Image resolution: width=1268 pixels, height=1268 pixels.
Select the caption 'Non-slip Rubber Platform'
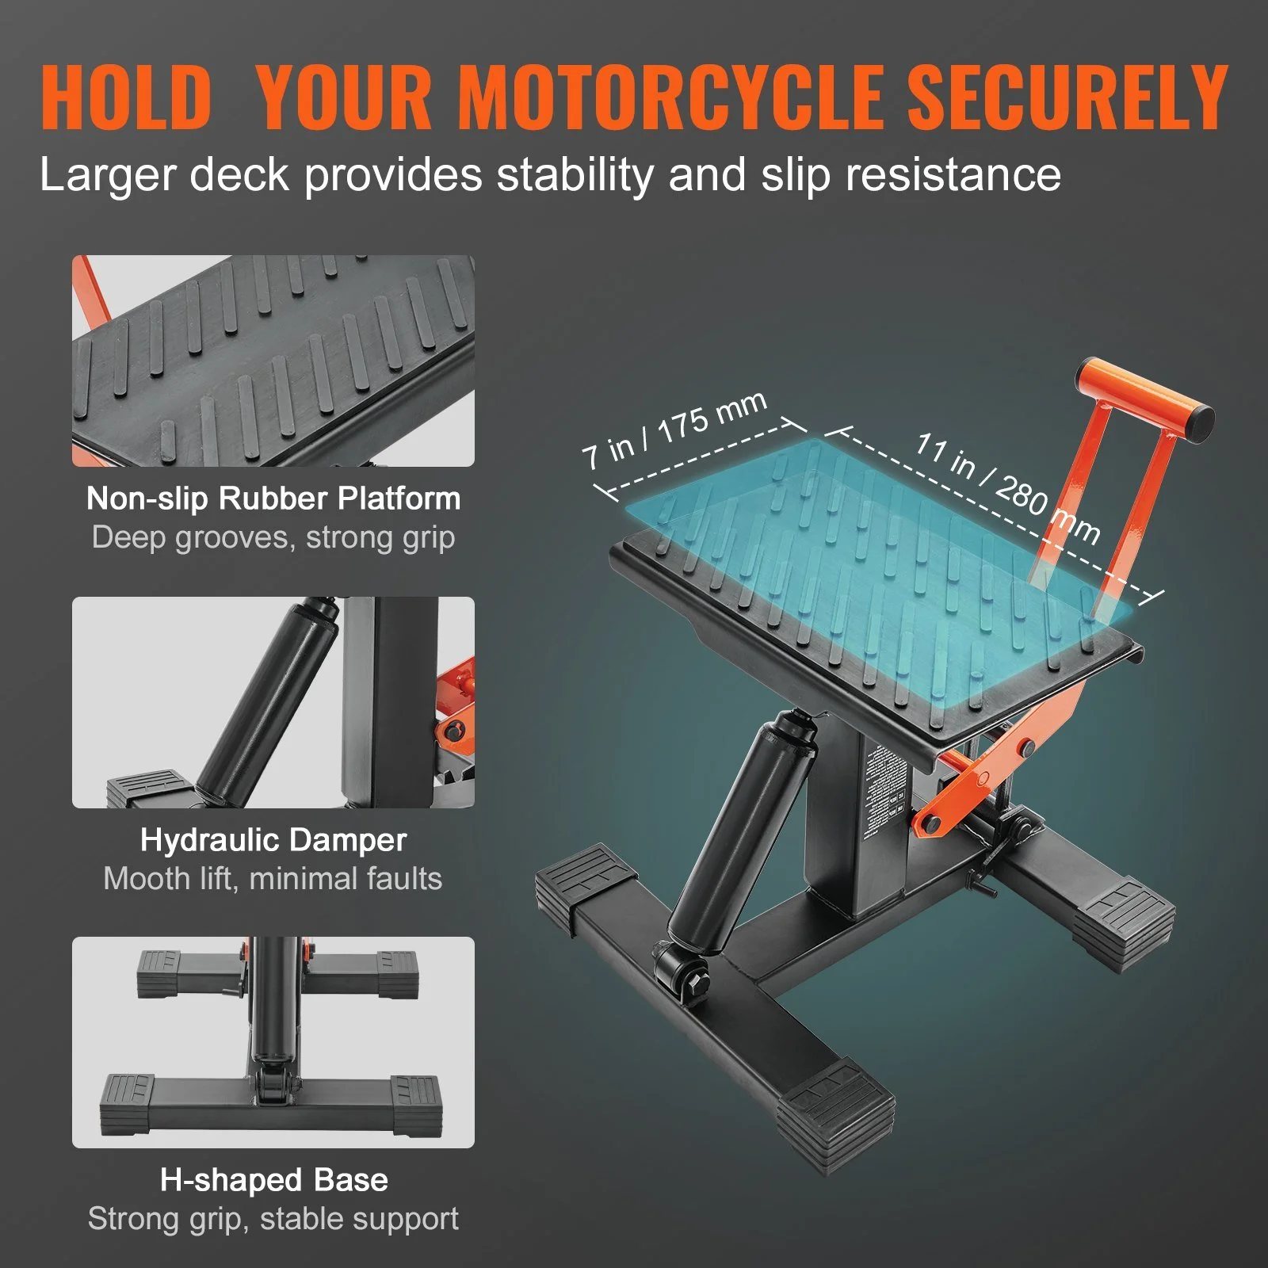pos(273,498)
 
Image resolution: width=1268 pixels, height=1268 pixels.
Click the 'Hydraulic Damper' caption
pos(273,840)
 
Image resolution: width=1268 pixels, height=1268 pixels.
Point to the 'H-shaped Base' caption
pos(273,1180)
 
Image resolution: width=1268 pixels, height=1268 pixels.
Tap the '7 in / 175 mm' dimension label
pos(674,430)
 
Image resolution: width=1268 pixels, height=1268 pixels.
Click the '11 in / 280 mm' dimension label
pos(1006,487)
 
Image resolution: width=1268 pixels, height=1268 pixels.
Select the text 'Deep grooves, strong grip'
pos(273,537)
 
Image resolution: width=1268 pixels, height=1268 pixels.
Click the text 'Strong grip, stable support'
pos(273,1219)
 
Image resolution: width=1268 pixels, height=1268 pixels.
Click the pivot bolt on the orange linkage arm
pos(1028,747)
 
